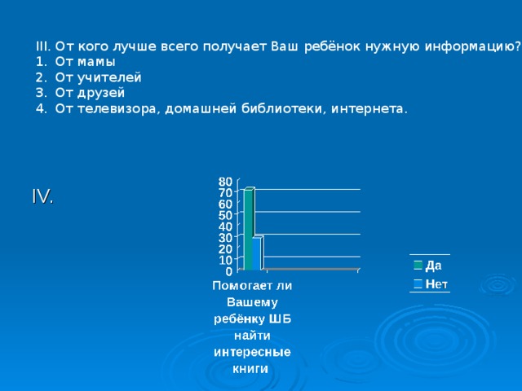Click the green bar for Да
249,228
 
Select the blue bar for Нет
257,253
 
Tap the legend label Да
434,265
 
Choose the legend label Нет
436,283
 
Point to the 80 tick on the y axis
225,180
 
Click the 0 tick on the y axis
229,270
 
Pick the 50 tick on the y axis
225,214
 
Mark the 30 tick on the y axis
225,237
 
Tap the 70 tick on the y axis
225,192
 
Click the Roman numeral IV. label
42,196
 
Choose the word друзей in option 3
102,93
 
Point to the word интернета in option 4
368,108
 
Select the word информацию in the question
475,46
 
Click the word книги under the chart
252,367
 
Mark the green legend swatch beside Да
417,265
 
